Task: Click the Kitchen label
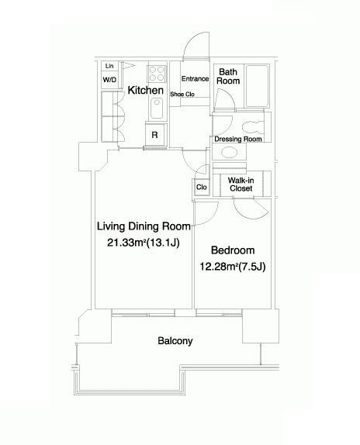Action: tap(145, 90)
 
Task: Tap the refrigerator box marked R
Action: tap(154, 135)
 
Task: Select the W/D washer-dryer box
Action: tap(109, 80)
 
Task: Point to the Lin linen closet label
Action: tap(109, 66)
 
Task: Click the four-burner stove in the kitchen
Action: tap(157, 74)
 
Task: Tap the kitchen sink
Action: tap(157, 108)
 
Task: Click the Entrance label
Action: tap(195, 78)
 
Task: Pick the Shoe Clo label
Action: tap(182, 94)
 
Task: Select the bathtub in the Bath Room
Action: tap(258, 86)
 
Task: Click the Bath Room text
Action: tap(228, 76)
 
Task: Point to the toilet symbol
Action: tap(253, 127)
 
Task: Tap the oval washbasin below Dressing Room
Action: tap(230, 153)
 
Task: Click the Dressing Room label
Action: tap(238, 139)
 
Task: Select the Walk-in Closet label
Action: tap(241, 185)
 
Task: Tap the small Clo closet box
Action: tap(202, 187)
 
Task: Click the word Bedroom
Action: tap(233, 250)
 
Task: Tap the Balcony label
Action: tap(175, 340)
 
